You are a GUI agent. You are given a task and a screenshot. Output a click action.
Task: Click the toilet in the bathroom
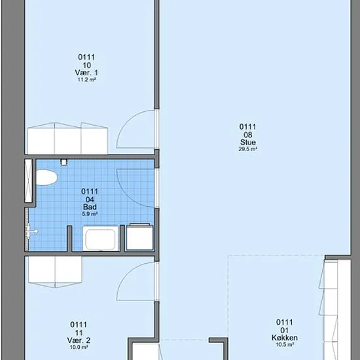[x=46, y=177]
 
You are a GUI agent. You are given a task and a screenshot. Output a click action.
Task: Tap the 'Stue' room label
[x=247, y=142]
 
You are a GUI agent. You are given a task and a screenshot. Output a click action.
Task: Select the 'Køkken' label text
[x=285, y=338]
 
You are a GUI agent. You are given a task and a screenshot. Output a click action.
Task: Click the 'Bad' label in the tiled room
[x=90, y=207]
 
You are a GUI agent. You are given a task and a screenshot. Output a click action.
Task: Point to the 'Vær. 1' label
[x=86, y=73]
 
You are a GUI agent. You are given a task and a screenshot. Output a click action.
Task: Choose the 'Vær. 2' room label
[x=79, y=340]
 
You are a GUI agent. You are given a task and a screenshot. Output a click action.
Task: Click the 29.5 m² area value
[x=247, y=149]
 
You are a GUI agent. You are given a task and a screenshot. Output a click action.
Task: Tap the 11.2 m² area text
[x=86, y=80]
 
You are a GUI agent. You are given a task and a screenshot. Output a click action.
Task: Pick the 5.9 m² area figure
[x=90, y=214]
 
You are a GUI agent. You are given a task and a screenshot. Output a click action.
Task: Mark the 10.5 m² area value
[x=285, y=344]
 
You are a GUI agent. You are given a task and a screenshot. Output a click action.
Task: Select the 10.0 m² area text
[x=79, y=347]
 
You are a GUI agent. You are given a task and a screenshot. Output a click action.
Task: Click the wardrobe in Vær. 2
[x=55, y=272]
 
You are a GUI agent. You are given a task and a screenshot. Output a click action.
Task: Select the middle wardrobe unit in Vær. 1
[x=67, y=139]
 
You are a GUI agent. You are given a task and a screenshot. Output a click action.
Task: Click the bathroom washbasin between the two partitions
[x=101, y=238]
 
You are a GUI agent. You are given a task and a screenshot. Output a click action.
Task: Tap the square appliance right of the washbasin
[x=139, y=238]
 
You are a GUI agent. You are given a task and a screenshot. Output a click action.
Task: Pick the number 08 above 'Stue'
[x=248, y=135]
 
